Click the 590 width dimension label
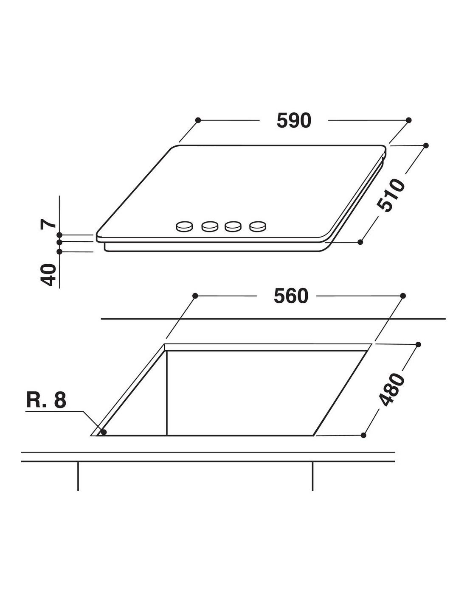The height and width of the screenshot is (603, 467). tap(294, 120)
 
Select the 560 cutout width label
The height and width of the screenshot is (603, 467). tap(291, 296)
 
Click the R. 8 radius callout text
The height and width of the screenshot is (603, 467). tap(46, 400)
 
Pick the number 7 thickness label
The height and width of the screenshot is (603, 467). tap(48, 224)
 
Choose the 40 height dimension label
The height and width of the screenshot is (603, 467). tap(48, 275)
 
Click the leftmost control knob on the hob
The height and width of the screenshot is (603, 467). tap(184, 226)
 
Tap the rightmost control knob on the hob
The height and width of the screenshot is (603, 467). tap(258, 226)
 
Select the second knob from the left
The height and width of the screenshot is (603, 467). tap(210, 226)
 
